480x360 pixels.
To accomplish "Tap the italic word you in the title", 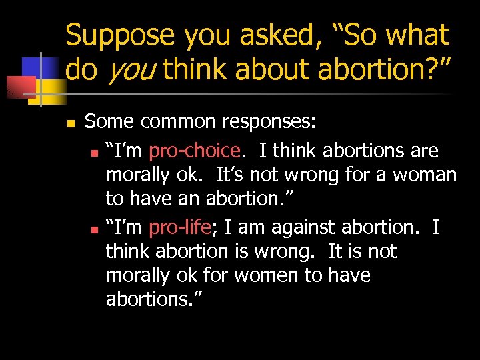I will [129, 69].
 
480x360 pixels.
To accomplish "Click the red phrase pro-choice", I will [194, 151].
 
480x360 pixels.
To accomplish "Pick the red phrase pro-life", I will [180, 227].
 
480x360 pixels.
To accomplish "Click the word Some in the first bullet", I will [111, 122].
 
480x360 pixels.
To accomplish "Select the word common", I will [178, 122].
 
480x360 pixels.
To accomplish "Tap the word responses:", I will [270, 122].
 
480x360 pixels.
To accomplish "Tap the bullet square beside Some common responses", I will [69, 123].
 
